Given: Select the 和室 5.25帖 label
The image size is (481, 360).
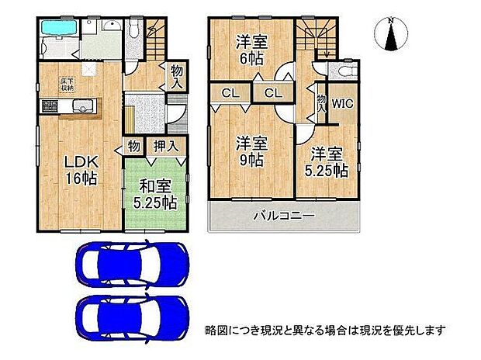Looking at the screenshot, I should click(x=156, y=195).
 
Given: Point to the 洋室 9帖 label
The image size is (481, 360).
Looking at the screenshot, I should click(x=251, y=151).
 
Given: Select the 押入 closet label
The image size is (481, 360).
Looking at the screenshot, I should click(x=164, y=145).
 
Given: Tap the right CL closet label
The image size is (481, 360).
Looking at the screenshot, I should click(x=271, y=95).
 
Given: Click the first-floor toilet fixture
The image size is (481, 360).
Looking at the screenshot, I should click(x=132, y=31).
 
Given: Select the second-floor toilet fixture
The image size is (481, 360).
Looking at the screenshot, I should click(x=342, y=72).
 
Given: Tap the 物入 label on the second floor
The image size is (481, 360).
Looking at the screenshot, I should click(x=321, y=104).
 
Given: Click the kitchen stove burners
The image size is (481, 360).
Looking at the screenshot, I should click(x=50, y=106).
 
